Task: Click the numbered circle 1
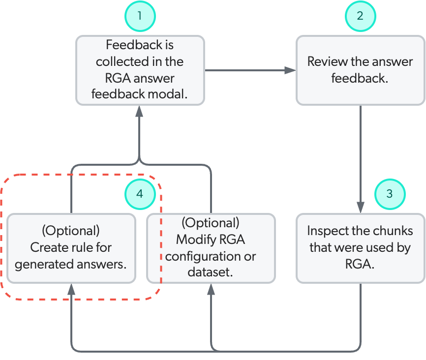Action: tap(140, 16)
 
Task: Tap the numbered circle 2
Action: tap(360, 16)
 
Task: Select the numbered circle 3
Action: tap(390, 193)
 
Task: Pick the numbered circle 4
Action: tap(140, 193)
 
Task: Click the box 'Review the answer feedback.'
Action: tap(360, 70)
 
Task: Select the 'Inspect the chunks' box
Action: tap(360, 247)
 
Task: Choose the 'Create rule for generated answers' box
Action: tap(71, 247)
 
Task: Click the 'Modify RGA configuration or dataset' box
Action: tap(211, 247)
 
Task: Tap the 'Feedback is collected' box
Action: tap(140, 70)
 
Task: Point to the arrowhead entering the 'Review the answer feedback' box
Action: tap(291, 70)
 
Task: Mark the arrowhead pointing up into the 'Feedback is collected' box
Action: tap(140, 111)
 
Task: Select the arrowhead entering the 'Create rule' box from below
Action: tap(72, 289)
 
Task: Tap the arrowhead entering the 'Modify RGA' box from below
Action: tap(211, 289)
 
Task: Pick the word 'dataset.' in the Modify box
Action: tap(210, 271)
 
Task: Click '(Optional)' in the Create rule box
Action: tap(71, 231)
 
